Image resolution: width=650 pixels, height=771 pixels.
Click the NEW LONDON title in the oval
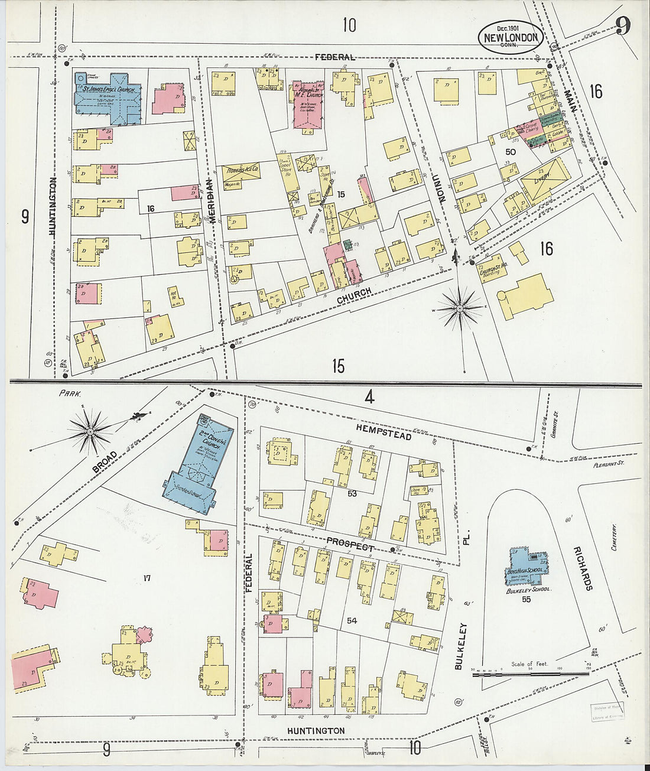pos(511,37)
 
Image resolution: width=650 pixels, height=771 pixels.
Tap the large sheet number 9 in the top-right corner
pos(622,26)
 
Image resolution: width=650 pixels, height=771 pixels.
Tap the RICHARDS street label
pos(583,568)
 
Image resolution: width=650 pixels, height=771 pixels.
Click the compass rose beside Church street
pos(460,307)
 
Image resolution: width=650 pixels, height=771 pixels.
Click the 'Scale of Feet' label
pos(529,663)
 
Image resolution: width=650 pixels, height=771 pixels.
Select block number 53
pos(352,493)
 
